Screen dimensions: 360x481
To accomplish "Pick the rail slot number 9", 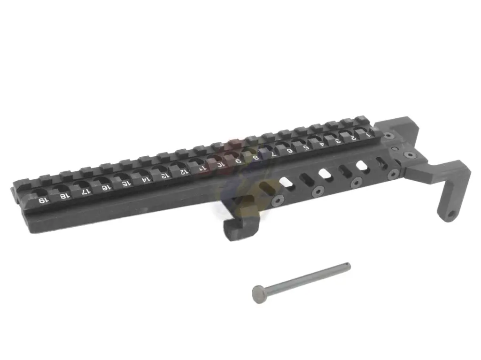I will tap(239, 161).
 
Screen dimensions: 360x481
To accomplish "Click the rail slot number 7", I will tap(273, 153).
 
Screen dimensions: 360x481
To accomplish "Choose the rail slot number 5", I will tap(306, 147).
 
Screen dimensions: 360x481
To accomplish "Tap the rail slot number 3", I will tap(338, 140).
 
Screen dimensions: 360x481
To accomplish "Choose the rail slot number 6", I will tap(290, 150).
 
